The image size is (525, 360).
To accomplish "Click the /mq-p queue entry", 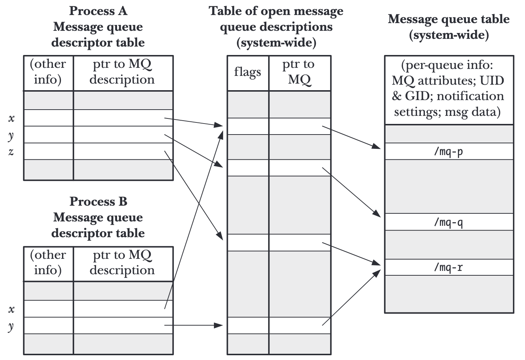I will (448, 151).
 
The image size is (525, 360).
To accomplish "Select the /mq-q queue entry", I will (448, 222).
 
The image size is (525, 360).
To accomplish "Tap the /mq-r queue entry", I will (448, 267).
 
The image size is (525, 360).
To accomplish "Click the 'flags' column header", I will (248, 72).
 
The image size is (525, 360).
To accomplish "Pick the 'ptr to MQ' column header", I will (299, 72).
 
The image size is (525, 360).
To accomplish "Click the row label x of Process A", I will (12, 118).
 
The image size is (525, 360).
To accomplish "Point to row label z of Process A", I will (11, 151).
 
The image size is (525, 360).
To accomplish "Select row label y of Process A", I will (11, 135).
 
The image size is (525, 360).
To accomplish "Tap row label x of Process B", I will (12, 309).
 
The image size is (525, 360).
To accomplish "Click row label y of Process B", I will (11, 326).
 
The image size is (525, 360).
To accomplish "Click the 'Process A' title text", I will (98, 11).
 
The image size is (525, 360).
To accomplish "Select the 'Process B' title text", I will (98, 202).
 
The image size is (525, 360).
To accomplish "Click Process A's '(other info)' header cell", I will (48, 72).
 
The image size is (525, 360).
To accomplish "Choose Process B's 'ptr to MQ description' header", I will (122, 262).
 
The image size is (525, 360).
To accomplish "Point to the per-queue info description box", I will (448, 89).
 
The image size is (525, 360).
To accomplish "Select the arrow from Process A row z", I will (193, 192).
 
